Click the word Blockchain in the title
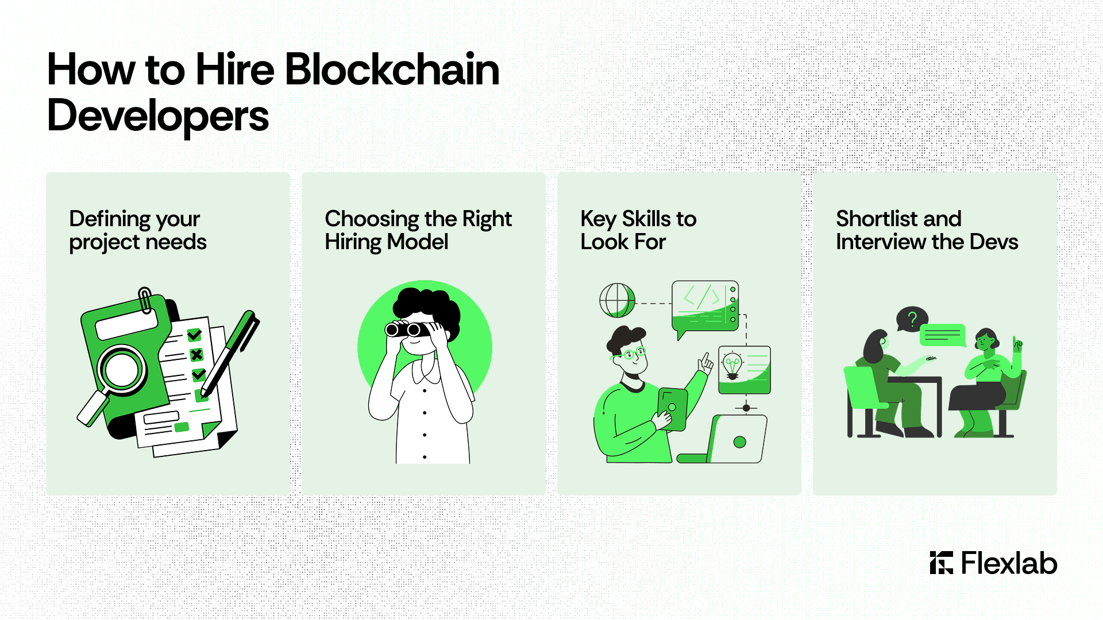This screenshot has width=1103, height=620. (x=392, y=69)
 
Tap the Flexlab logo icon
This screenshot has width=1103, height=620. (x=941, y=563)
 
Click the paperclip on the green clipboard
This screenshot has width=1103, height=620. (x=145, y=300)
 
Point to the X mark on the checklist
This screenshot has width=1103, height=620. (x=196, y=355)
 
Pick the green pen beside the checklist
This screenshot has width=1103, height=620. (x=230, y=353)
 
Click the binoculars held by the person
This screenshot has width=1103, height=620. (x=408, y=329)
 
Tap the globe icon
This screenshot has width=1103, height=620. (x=617, y=300)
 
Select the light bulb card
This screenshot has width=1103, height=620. (x=745, y=370)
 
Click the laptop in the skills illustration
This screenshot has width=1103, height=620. (x=724, y=439)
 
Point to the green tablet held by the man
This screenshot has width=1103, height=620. (x=672, y=409)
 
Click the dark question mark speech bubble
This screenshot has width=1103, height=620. (x=912, y=319)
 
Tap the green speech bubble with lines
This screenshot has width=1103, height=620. (x=942, y=335)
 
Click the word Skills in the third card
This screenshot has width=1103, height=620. (x=646, y=219)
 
